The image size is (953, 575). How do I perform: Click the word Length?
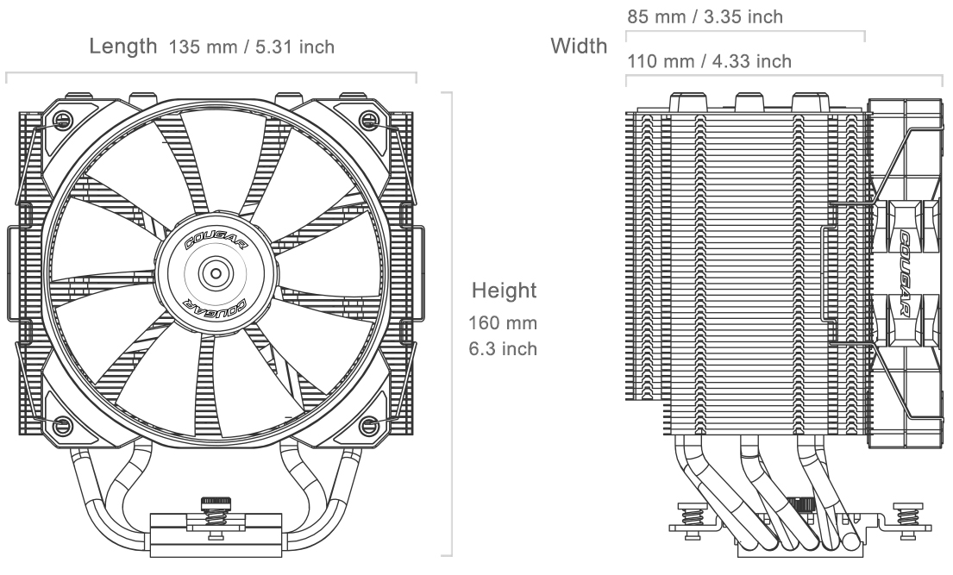click(122, 47)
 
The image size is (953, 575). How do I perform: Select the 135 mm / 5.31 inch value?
click(251, 47)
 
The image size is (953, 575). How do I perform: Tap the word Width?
click(579, 46)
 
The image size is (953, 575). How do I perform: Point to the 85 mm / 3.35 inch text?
click(705, 16)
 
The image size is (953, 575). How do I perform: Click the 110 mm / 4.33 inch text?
click(709, 61)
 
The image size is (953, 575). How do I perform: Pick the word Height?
click(505, 290)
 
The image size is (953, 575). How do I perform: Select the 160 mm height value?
click(503, 322)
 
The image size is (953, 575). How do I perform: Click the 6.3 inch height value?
click(503, 348)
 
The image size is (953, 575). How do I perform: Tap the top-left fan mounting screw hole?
click(63, 121)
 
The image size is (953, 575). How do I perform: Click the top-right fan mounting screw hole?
click(367, 121)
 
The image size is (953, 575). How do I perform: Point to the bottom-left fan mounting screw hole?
click(63, 424)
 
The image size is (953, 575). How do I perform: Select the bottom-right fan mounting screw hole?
click(367, 424)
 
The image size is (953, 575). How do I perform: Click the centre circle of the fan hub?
click(216, 273)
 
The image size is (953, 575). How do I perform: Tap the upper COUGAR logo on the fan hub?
click(216, 242)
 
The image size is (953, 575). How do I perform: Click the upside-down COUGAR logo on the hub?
click(216, 306)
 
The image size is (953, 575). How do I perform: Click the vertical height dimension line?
click(451, 324)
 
